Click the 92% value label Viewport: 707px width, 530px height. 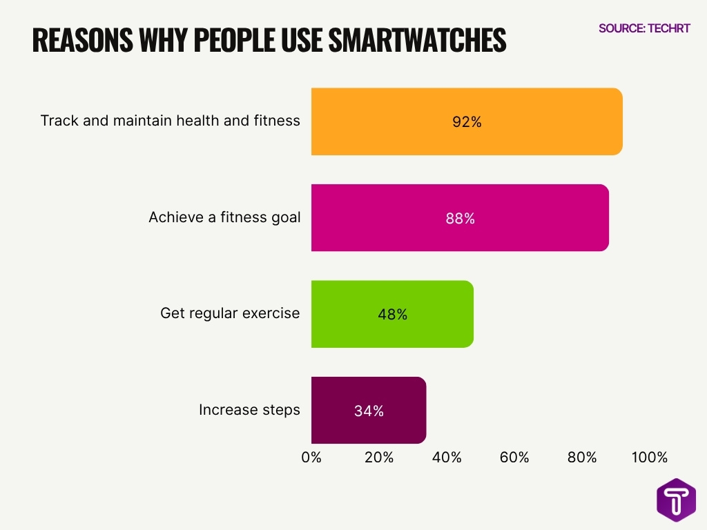tap(467, 122)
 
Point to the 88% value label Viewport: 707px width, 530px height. tap(460, 218)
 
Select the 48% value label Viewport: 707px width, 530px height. tap(393, 315)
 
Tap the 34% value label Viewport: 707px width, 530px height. tap(369, 411)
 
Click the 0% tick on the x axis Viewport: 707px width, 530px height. tap(311, 458)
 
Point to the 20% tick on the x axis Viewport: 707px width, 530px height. tap(379, 458)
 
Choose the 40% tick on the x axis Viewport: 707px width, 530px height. tap(447, 458)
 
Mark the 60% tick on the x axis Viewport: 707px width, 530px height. tap(514, 458)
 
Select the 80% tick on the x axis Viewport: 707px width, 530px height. tap(582, 458)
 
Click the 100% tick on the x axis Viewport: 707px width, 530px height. tap(649, 458)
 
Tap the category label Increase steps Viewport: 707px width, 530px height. tap(249, 410)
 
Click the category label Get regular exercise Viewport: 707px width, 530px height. tap(230, 313)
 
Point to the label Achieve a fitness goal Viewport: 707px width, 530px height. tap(224, 217)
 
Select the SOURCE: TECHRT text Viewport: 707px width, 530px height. tap(644, 28)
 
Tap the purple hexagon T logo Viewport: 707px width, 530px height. tap(676, 500)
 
